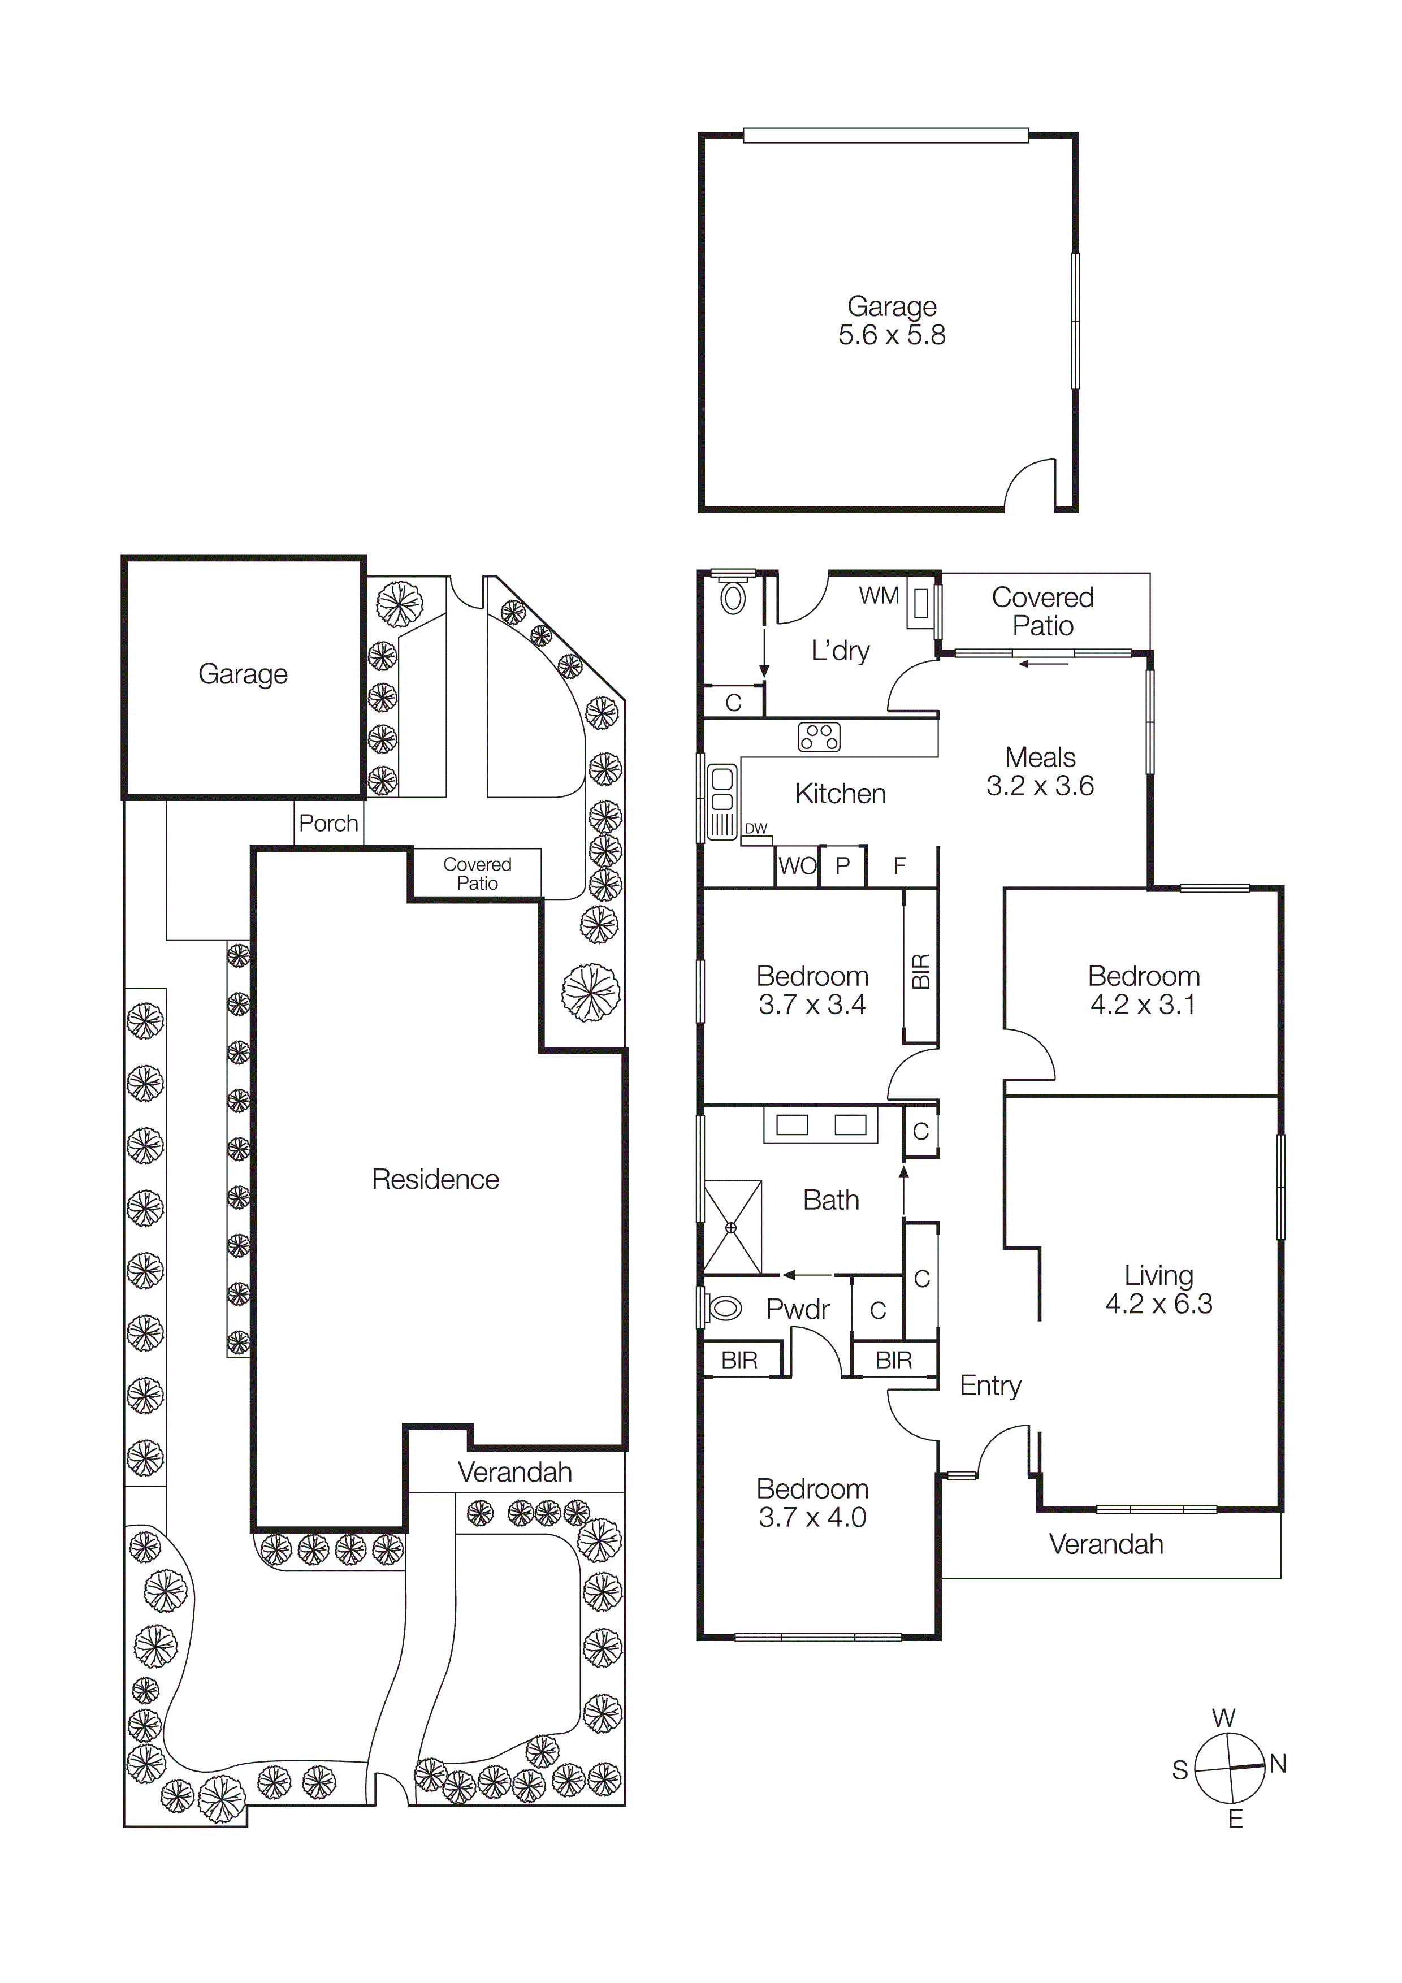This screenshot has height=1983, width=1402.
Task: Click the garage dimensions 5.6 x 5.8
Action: click(x=892, y=335)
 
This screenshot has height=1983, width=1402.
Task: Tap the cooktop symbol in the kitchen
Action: click(x=819, y=737)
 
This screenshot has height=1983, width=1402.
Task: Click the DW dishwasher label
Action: click(x=756, y=828)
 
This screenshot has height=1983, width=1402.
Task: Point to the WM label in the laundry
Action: click(x=879, y=596)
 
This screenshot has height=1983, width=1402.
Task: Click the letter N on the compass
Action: click(x=1278, y=1764)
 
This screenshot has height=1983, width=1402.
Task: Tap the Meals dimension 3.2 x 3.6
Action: click(x=1040, y=786)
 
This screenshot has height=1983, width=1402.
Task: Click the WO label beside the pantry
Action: click(x=797, y=865)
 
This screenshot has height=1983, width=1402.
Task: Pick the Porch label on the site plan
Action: click(x=328, y=823)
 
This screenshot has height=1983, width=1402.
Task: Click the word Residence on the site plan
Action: click(x=435, y=1179)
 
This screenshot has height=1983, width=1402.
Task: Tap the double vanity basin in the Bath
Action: click(x=821, y=1124)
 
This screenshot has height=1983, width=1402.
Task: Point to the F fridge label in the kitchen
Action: click(x=899, y=865)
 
